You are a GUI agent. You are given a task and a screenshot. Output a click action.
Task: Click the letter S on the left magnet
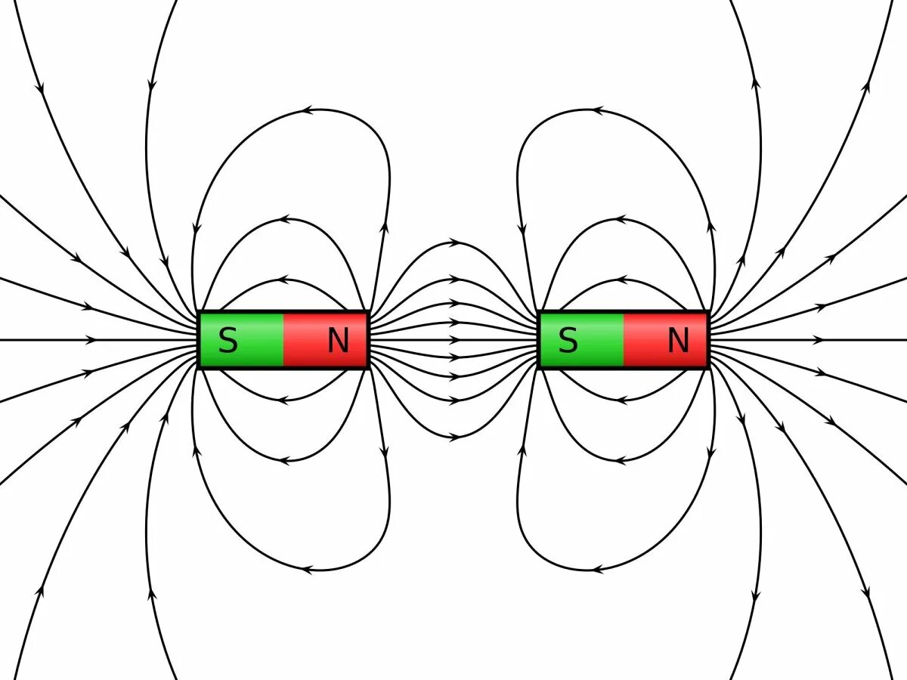click(228, 342)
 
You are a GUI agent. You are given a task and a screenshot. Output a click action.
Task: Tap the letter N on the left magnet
click(338, 342)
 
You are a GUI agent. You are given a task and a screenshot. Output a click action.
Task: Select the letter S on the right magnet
click(568, 342)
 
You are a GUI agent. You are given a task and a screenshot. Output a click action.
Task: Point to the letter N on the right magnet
click(678, 342)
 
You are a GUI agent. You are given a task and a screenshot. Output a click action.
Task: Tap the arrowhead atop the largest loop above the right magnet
click(598, 110)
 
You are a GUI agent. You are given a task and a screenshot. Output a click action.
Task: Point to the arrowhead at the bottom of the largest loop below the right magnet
click(598, 568)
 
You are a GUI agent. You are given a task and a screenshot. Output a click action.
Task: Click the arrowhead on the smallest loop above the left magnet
click(284, 279)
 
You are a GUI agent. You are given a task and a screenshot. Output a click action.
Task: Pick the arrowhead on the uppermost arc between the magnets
click(454, 243)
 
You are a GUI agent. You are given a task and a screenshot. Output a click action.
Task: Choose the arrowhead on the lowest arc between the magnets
click(454, 437)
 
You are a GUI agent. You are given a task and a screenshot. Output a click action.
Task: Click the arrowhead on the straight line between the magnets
click(454, 340)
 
